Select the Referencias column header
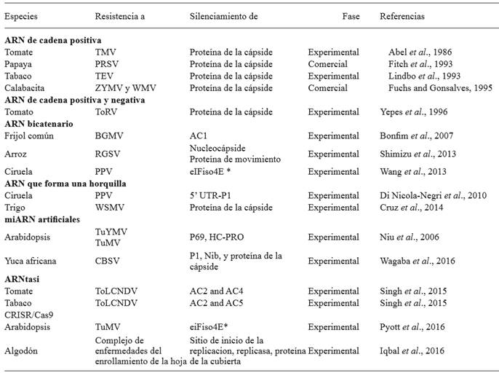pyautogui.click(x=403, y=15)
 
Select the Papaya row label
pyautogui.click(x=18, y=63)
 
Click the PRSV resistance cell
pyautogui.click(x=107, y=63)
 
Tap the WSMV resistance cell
pyautogui.click(x=109, y=207)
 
